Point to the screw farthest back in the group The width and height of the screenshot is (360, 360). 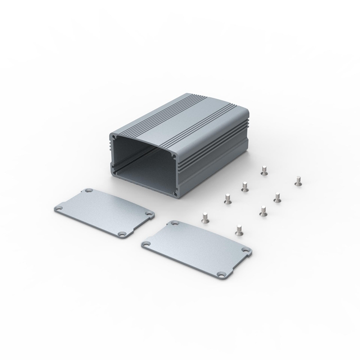(x=264, y=170)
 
